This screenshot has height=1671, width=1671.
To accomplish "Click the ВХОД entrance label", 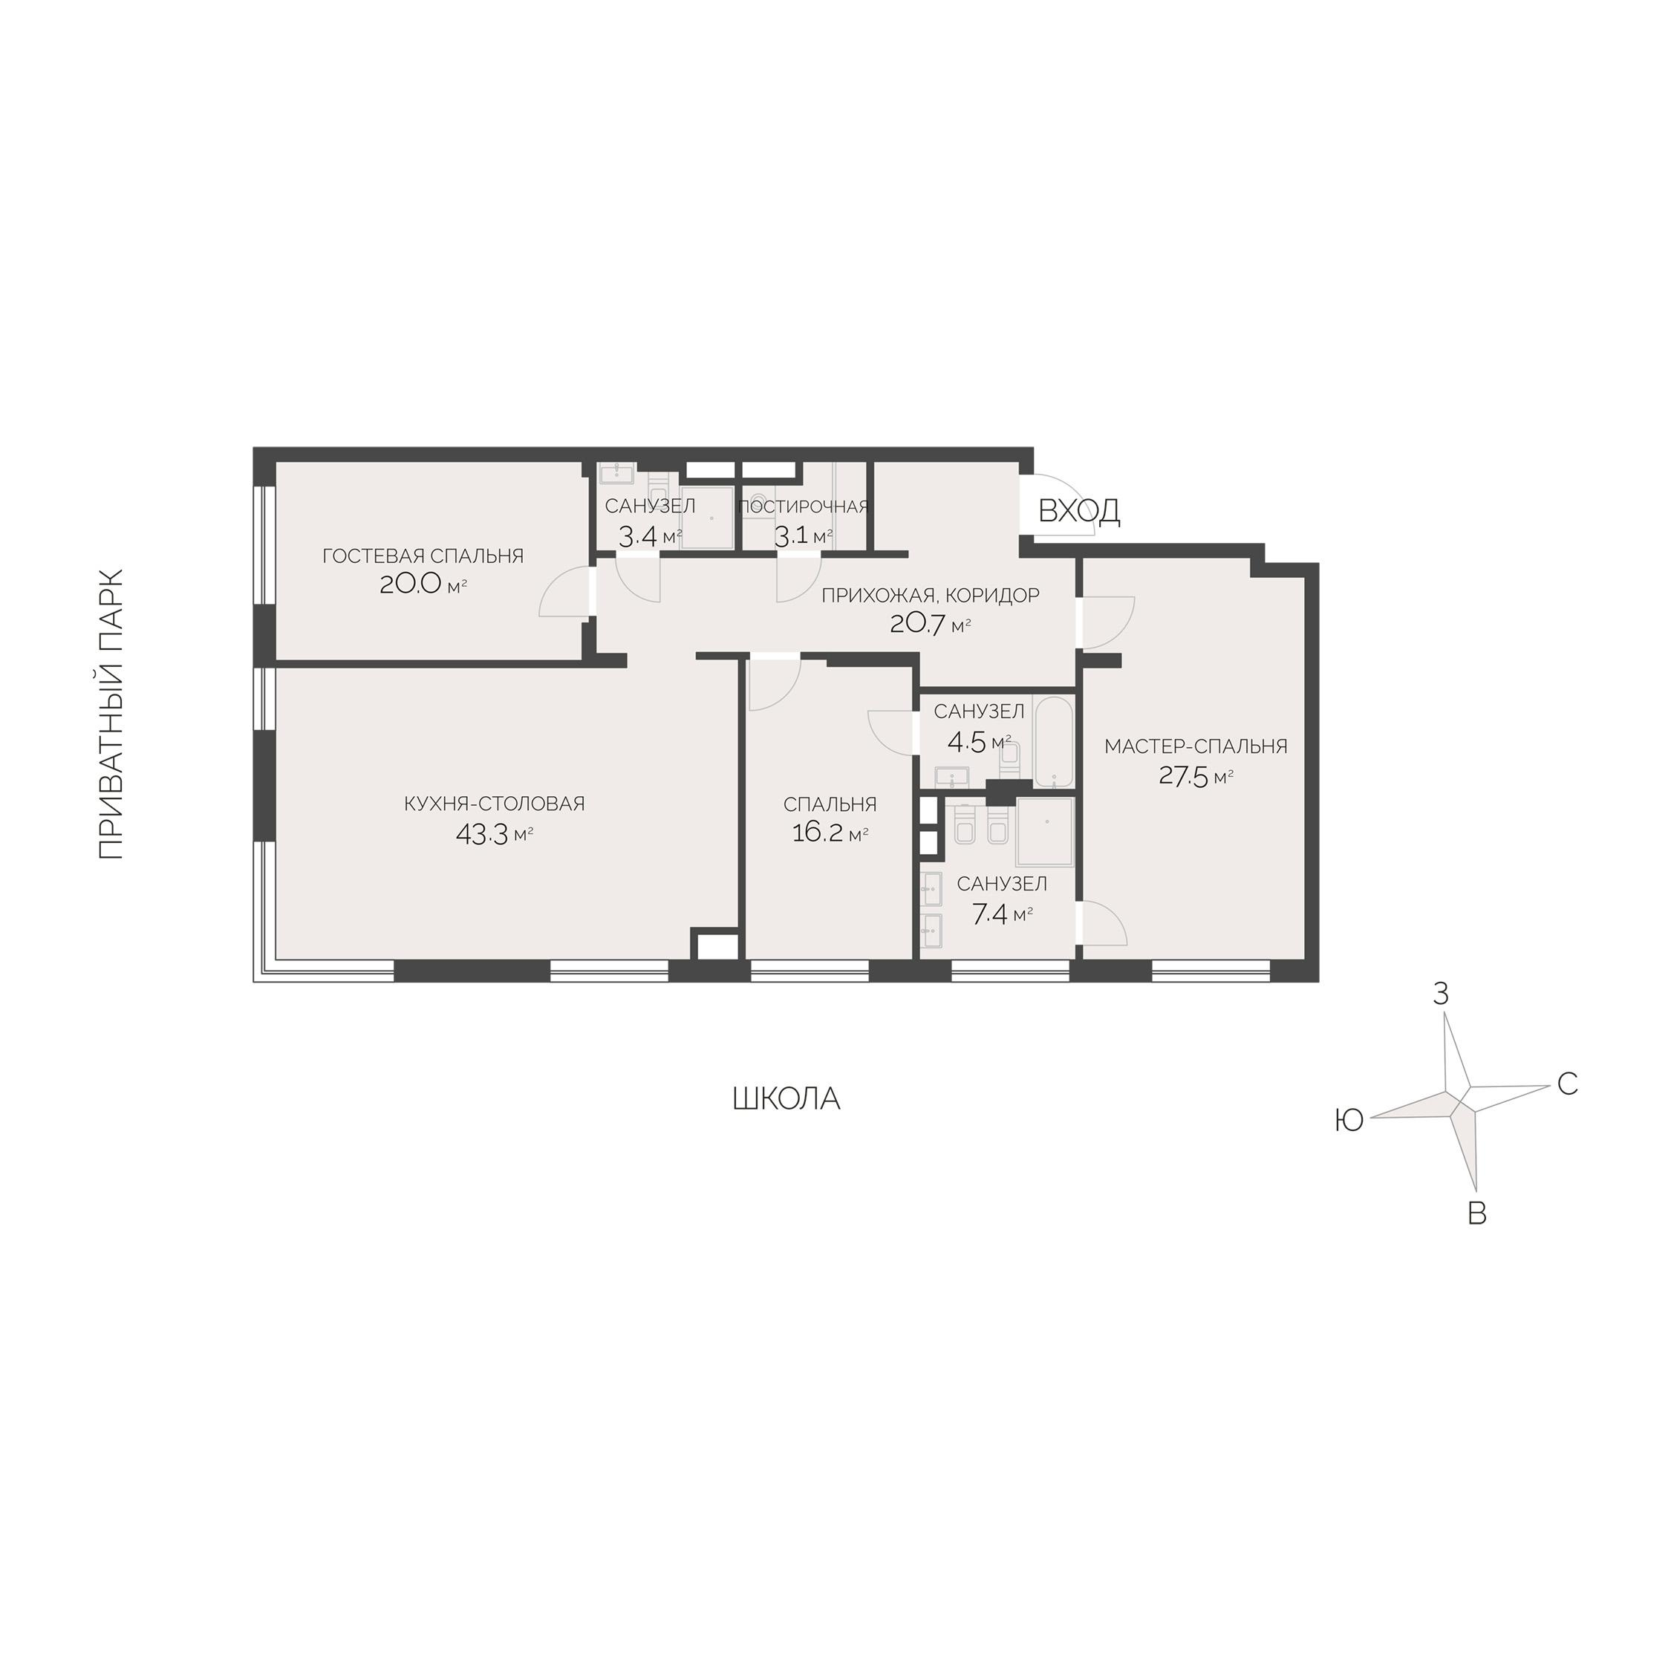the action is point(1078,511).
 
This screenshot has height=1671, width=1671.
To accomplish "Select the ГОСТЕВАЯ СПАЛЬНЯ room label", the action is point(423,556).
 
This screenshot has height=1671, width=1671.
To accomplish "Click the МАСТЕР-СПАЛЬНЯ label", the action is point(1195,746).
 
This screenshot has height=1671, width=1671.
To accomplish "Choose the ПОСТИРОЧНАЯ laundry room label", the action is point(804,506).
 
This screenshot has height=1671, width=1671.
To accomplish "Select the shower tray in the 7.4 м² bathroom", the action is point(1045,831).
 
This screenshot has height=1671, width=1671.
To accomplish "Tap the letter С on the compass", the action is point(1567,1083).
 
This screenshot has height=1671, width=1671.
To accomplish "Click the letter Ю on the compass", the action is point(1349,1121).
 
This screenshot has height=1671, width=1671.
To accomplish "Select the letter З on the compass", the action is point(1440,994).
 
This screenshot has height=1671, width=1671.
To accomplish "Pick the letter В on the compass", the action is point(1477,1214).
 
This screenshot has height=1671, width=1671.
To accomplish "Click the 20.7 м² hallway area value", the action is point(930,624).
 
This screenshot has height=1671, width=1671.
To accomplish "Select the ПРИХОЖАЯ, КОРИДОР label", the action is point(931,595).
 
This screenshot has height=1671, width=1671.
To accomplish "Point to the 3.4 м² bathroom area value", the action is point(650,536).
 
